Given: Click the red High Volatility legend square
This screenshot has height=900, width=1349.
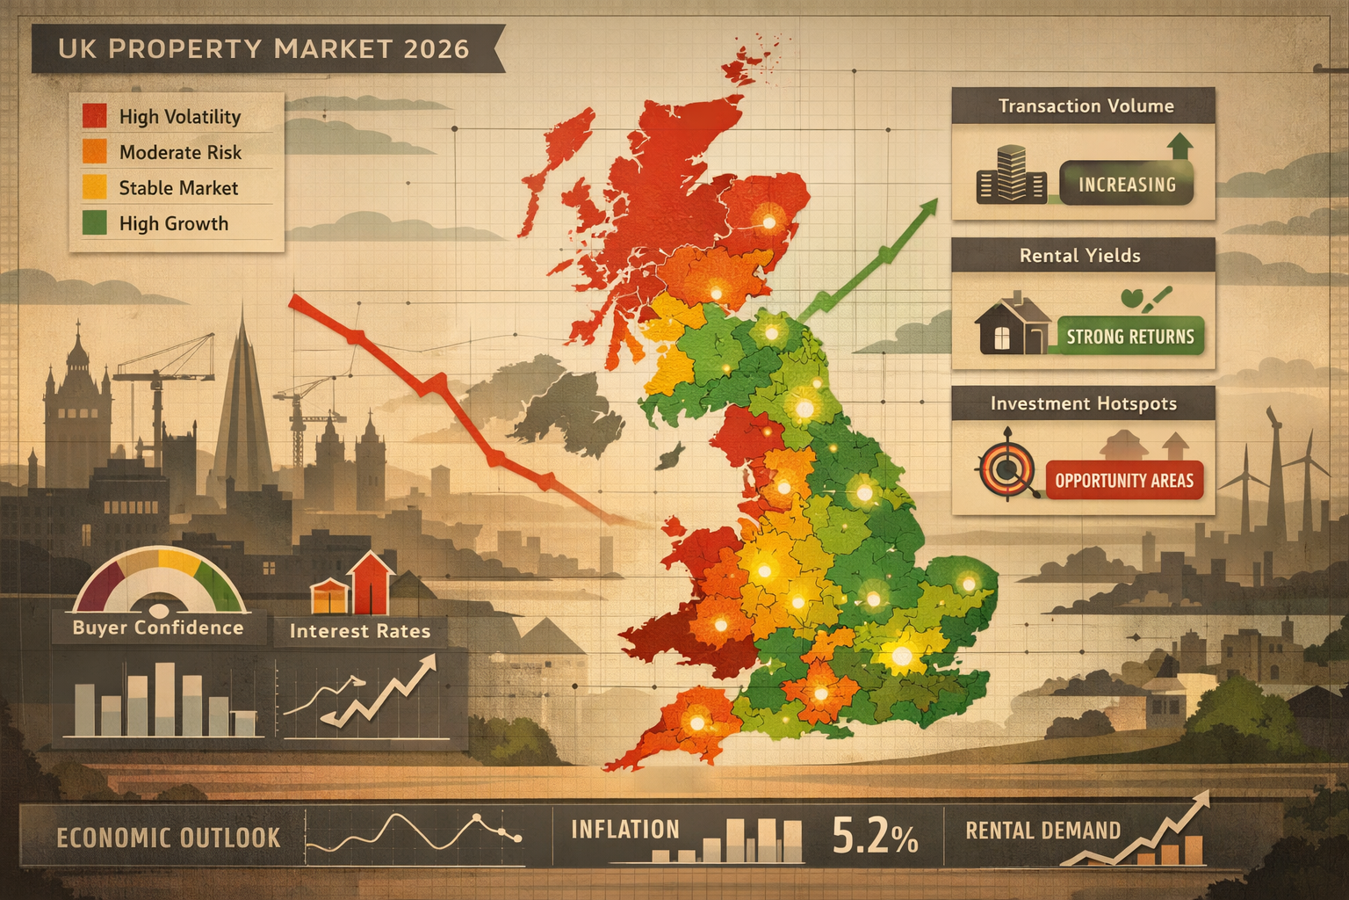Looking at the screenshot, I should point(95,116).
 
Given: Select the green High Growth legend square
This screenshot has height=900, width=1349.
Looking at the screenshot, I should point(95,222).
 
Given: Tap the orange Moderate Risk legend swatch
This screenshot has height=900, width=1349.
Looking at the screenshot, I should point(95,151).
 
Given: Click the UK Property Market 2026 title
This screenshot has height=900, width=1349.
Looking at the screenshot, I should point(263,48).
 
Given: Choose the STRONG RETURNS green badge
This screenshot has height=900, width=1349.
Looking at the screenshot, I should point(1130,337).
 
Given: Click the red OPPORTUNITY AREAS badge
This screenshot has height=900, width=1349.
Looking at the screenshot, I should point(1124,481).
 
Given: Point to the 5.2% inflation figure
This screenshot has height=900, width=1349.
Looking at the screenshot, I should point(874,836).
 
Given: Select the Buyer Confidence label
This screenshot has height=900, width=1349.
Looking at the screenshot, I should point(158,628).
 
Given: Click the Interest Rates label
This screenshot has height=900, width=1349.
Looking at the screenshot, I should point(360,631).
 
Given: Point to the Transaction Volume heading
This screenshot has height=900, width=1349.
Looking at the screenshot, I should point(1086,106).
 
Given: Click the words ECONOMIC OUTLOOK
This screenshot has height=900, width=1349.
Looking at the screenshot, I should point(169,838).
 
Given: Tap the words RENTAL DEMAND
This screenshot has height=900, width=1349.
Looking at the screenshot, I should point(1042,831).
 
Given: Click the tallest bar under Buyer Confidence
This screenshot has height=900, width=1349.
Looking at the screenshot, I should point(165,699).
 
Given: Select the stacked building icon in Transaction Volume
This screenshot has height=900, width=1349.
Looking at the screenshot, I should point(1011,175).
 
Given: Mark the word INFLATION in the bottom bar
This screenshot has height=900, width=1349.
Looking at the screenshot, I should point(625,830).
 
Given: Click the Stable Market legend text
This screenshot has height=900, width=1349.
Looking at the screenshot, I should point(178,188).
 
